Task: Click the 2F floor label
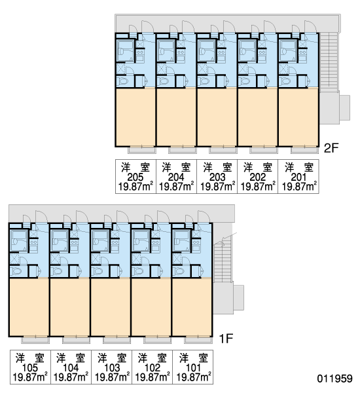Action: coord(331,148)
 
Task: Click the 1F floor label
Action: coord(226,339)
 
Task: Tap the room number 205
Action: coord(135,178)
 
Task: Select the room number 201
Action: coord(298,178)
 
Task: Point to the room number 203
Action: coord(217,178)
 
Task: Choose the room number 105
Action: coord(30,367)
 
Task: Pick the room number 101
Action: coord(193,367)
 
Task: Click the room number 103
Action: coord(112,367)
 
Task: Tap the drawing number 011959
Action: coord(334,379)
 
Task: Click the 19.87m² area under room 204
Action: coord(176,187)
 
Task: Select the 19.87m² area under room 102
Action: coord(153,377)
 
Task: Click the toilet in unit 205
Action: coord(123,81)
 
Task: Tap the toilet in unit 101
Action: coord(179,271)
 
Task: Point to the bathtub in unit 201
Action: coord(288,51)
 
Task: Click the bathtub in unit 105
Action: coord(19,241)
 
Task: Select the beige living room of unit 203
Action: coord(217,117)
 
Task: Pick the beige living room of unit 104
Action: coord(70,307)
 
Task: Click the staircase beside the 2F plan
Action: coord(329,62)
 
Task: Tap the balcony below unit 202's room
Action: coord(264,151)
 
